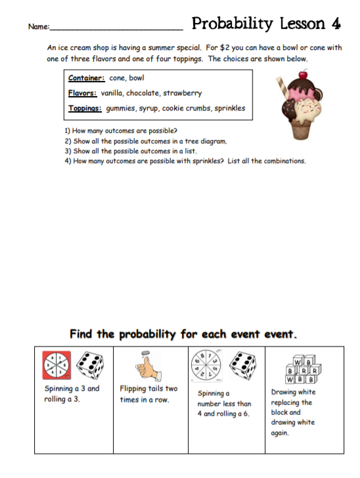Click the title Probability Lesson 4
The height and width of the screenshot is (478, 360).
tap(265, 24)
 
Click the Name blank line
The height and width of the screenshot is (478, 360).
tap(116, 29)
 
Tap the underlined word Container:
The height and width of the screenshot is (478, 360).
tap(87, 78)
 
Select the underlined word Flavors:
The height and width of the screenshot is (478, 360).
tap(83, 93)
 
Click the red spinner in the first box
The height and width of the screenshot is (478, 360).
tap(57, 365)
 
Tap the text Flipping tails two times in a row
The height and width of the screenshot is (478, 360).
tap(148, 393)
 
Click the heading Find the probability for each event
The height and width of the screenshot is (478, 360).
tap(183, 333)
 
